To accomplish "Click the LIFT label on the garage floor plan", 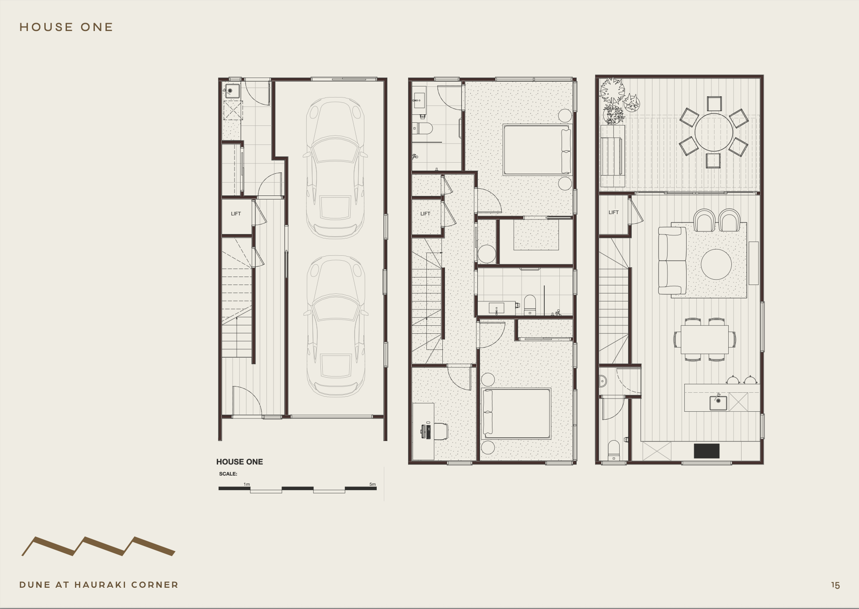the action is coord(236,214).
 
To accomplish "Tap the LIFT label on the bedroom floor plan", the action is coord(426,214).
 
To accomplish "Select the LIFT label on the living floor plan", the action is coord(613,212).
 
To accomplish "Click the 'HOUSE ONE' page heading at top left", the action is coord(66,27).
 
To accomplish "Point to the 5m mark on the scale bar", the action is coord(373,484).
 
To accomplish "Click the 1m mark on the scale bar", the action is coord(247,484).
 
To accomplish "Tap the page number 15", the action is coord(836,585).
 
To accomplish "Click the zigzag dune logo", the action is coord(98,547).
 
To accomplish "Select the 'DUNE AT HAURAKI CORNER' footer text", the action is coord(99,585).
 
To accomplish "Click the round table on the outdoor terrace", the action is coord(714,132).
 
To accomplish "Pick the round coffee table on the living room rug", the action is coord(716,264).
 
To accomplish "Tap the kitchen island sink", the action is coord(718,402).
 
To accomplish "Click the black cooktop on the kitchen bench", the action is coord(707,451).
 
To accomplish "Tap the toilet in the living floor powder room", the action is coord(613,450).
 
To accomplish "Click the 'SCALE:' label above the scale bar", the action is coord(228,474).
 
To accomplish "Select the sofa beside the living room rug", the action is coord(672,261).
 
